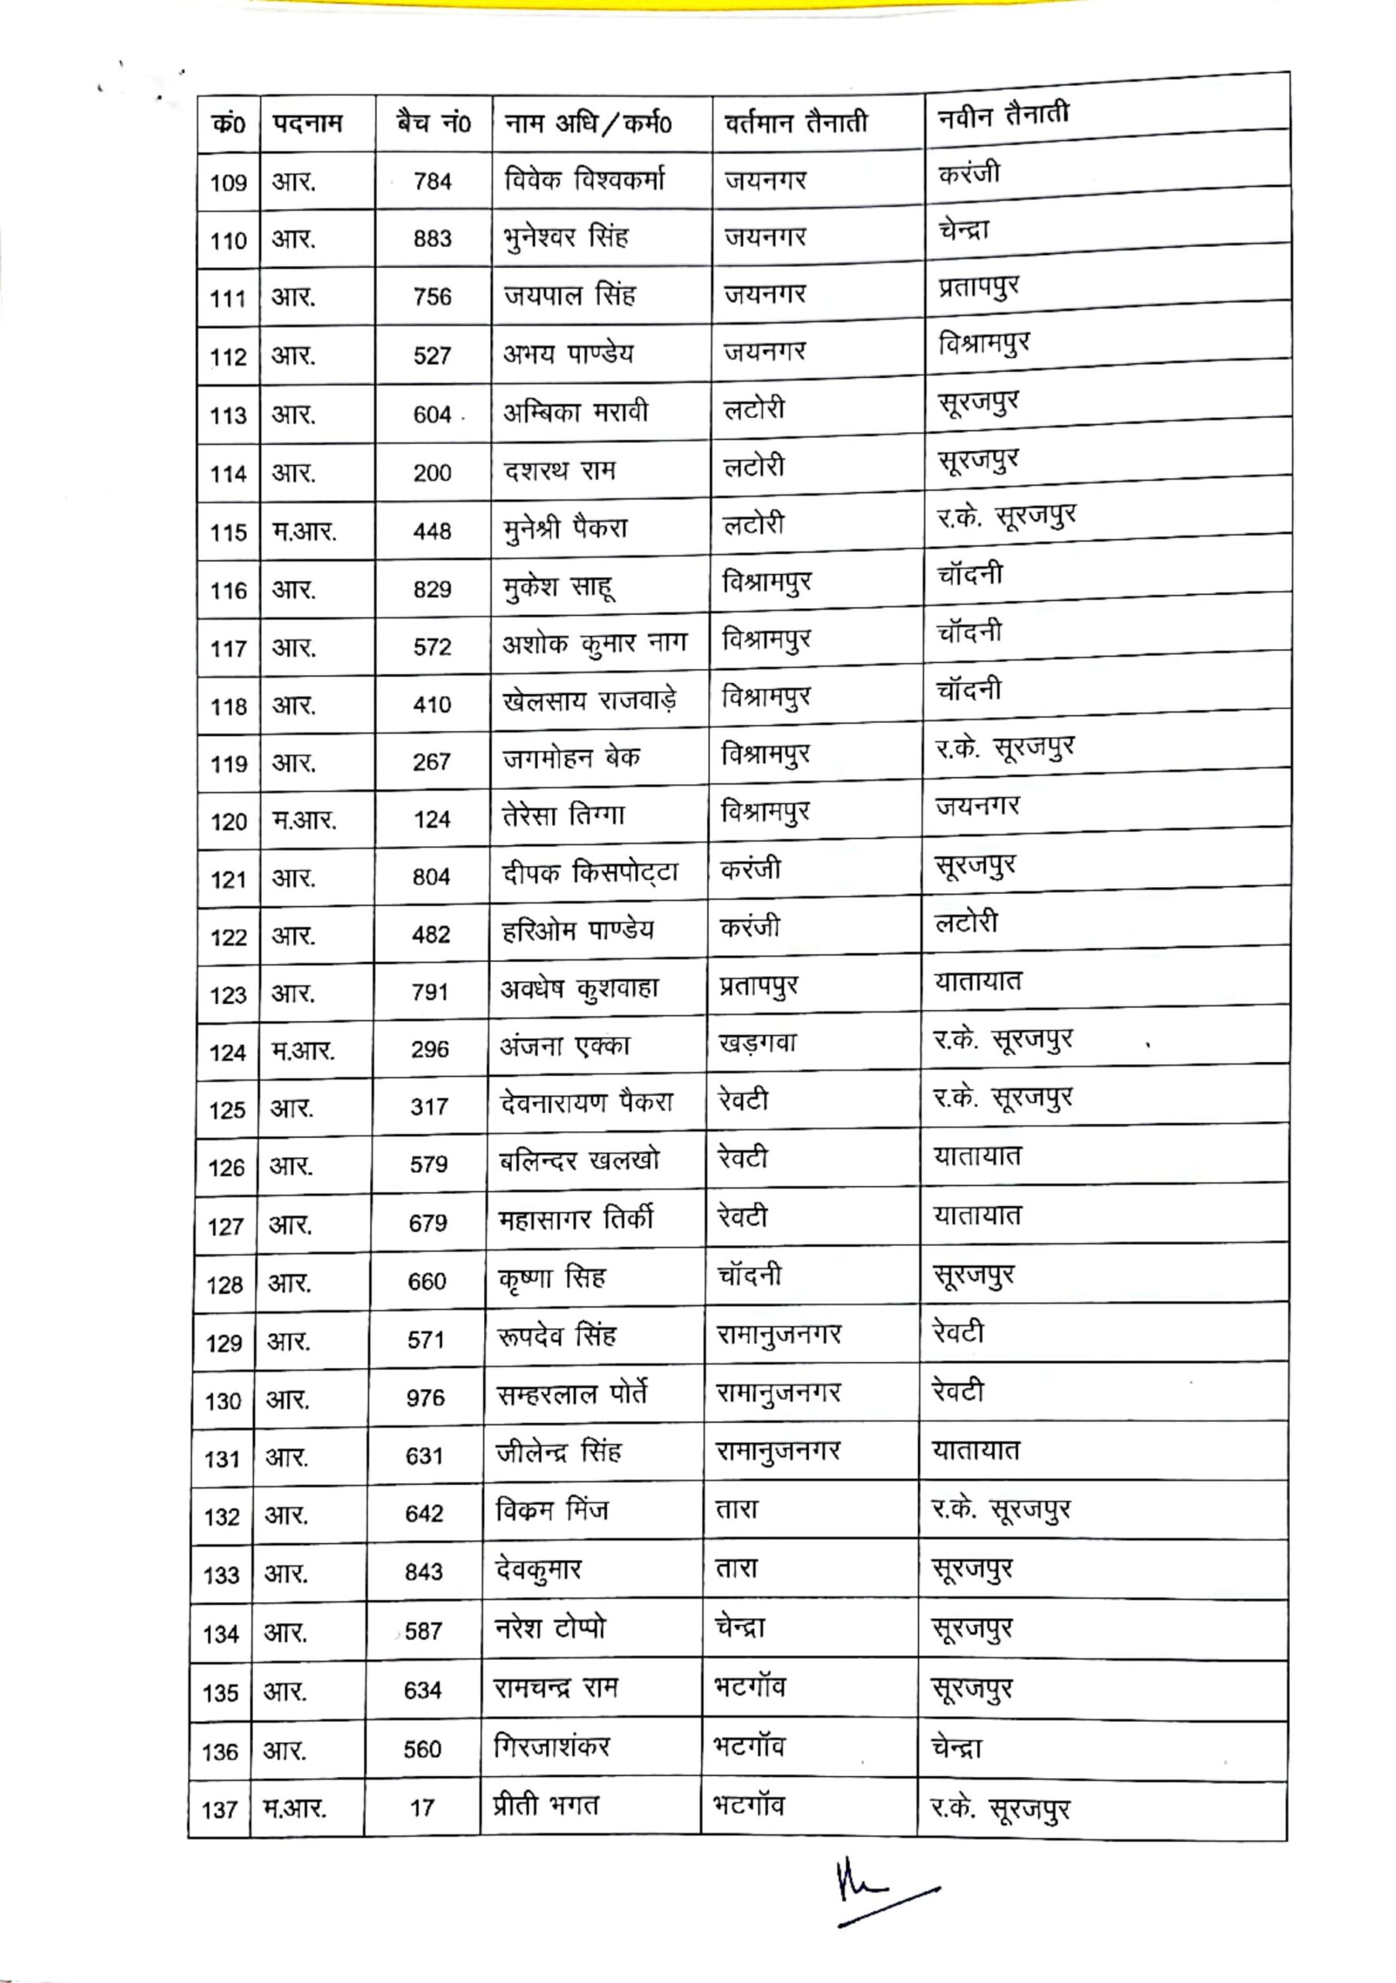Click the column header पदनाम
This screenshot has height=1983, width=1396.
307,123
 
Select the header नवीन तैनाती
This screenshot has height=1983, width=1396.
1003,114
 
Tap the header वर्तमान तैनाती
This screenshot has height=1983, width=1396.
795,122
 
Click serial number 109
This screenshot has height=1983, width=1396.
228,182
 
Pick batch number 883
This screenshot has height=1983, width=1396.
432,239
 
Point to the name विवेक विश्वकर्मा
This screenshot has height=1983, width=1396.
585,180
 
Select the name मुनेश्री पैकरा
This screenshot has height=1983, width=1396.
565,528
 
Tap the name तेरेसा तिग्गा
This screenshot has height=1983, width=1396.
563,816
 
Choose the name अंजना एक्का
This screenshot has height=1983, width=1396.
564,1046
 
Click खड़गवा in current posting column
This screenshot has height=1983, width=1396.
757,1043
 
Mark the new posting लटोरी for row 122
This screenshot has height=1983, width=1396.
966,923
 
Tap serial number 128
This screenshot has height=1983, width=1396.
225,1284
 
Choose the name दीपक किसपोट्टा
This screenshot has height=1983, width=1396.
590,874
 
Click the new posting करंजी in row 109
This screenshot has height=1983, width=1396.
969,173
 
